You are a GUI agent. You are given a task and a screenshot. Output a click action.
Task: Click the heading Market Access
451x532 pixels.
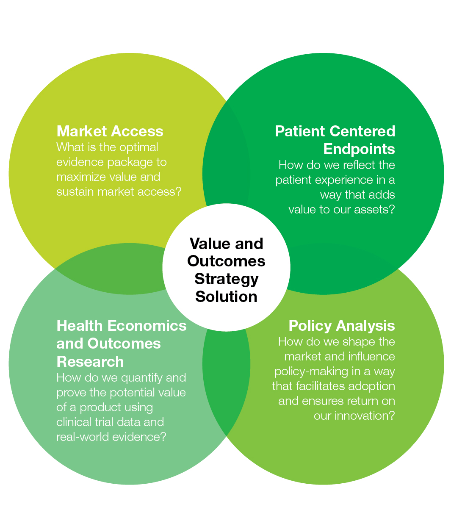pos(110,131)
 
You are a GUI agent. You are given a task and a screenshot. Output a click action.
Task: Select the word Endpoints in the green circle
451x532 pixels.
pos(359,149)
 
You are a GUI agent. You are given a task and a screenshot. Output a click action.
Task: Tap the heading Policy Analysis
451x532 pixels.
pos(342,326)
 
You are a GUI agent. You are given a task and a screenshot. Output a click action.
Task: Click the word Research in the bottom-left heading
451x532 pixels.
pos(90,362)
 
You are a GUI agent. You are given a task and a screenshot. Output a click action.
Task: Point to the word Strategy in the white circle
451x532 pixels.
pos(227,280)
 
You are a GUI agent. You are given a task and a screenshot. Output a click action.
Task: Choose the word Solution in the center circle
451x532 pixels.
pos(227,297)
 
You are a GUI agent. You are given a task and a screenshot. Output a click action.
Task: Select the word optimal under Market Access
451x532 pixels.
pos(138,148)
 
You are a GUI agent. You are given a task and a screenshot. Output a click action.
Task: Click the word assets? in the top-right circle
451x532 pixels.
pos(374,210)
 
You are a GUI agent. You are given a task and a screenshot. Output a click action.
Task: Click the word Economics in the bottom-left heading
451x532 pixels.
pos(147,326)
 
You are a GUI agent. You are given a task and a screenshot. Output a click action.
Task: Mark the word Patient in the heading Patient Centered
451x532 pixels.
pos(300,131)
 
